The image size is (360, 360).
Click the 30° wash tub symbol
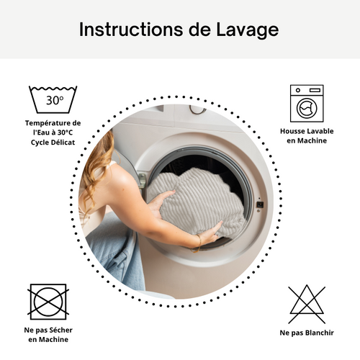point(53,99)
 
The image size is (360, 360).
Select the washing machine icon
point(307,103)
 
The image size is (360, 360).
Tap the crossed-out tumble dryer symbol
point(48,302)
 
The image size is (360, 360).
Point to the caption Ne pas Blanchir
point(307,333)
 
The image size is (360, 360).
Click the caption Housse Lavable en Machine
point(307,136)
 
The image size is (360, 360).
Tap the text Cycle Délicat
point(53,142)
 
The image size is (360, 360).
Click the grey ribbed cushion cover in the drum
point(194,202)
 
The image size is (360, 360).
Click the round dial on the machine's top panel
point(197,109)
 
